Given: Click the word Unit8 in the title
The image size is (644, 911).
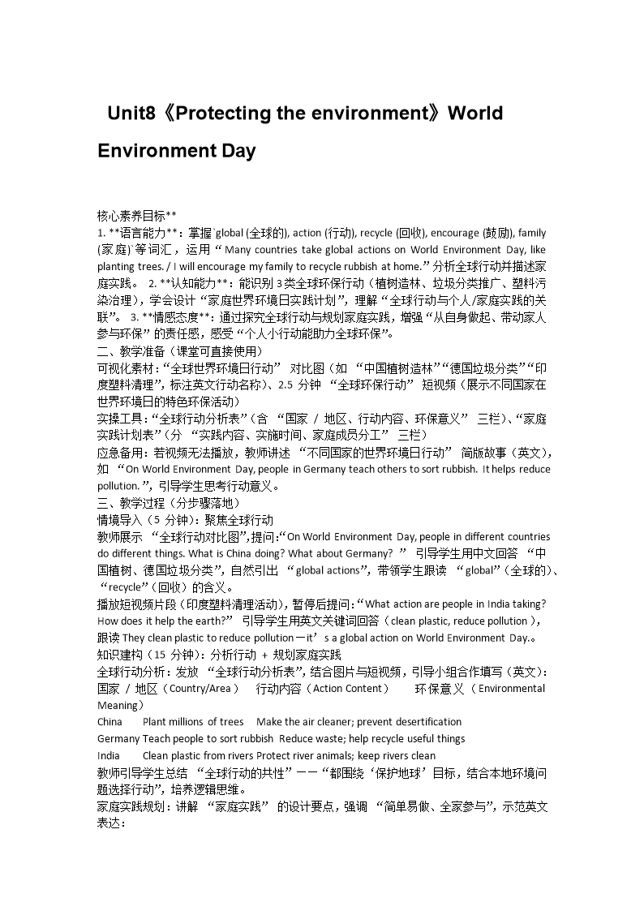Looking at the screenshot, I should coord(131,113).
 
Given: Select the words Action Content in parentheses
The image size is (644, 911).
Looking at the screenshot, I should coord(349,688).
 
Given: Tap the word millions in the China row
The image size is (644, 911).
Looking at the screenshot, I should coord(187,722).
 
